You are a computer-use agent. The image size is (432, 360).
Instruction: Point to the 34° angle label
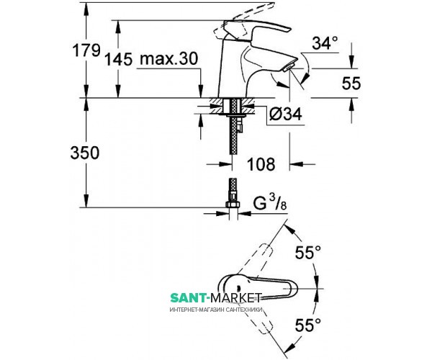[x=324, y=43]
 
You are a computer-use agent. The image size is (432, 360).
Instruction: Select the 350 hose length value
[x=95, y=153]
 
